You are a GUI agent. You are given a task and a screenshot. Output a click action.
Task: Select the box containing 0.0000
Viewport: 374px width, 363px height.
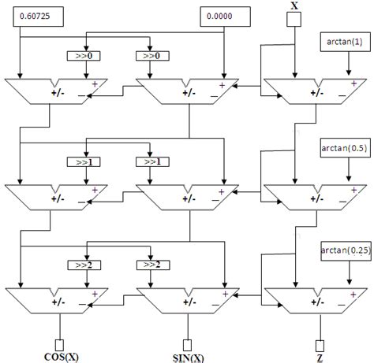tap(219, 15)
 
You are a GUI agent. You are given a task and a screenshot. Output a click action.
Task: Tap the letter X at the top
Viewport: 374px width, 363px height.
tap(294, 6)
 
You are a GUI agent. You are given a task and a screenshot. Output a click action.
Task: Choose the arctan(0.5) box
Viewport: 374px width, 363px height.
tap(344, 146)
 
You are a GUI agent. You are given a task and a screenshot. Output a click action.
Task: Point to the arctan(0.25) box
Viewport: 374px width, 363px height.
tap(344, 250)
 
